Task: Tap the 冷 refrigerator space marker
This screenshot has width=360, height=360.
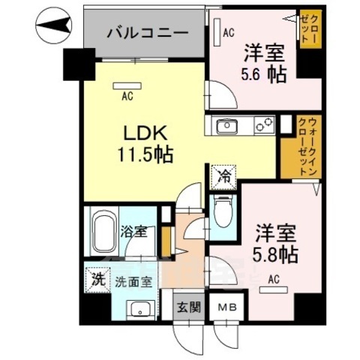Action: pos(223,176)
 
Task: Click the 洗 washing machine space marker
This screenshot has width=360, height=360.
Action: pos(96,279)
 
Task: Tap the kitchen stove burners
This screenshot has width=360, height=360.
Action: pos(263,126)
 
